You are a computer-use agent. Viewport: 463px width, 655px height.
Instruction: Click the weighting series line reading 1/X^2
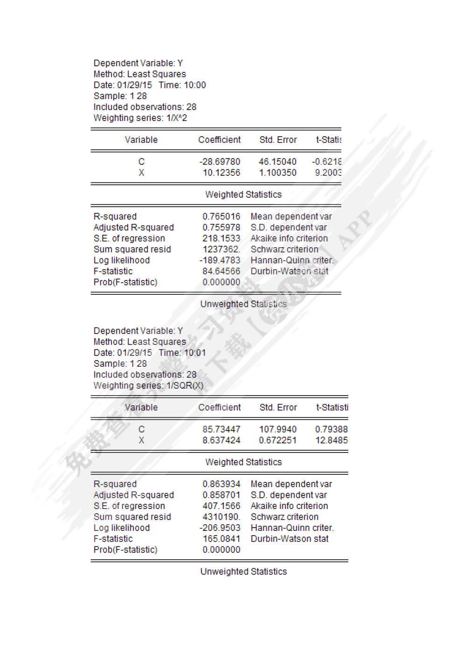(140, 118)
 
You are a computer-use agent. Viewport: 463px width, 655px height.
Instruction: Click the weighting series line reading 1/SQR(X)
(148, 386)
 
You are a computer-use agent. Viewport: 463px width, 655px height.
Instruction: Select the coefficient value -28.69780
(220, 162)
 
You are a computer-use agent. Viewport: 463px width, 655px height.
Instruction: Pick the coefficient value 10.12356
(221, 173)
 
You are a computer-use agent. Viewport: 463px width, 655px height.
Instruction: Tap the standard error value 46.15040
(277, 162)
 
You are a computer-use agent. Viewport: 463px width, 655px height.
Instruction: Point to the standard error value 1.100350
(277, 173)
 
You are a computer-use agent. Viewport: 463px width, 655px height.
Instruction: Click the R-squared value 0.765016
(221, 216)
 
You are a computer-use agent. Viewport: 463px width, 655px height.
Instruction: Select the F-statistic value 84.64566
(221, 271)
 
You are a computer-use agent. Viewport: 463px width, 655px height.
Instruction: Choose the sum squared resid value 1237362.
(221, 249)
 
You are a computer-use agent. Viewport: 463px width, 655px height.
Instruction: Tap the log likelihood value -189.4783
(220, 260)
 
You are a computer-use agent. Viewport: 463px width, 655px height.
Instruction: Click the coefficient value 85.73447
(221, 429)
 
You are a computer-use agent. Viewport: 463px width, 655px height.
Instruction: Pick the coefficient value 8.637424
(221, 440)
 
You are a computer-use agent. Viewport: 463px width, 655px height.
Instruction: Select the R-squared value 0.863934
(221, 484)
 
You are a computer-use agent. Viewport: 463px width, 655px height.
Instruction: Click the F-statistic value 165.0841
(221, 539)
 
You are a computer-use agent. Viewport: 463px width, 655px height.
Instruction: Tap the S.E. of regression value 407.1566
(221, 506)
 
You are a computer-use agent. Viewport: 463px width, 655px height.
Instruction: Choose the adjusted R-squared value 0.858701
(221, 495)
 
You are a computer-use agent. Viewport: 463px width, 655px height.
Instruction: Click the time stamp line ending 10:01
(149, 353)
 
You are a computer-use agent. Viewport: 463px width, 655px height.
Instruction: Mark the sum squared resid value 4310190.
(221, 517)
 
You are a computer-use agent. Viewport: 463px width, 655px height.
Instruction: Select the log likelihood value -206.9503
(220, 528)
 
